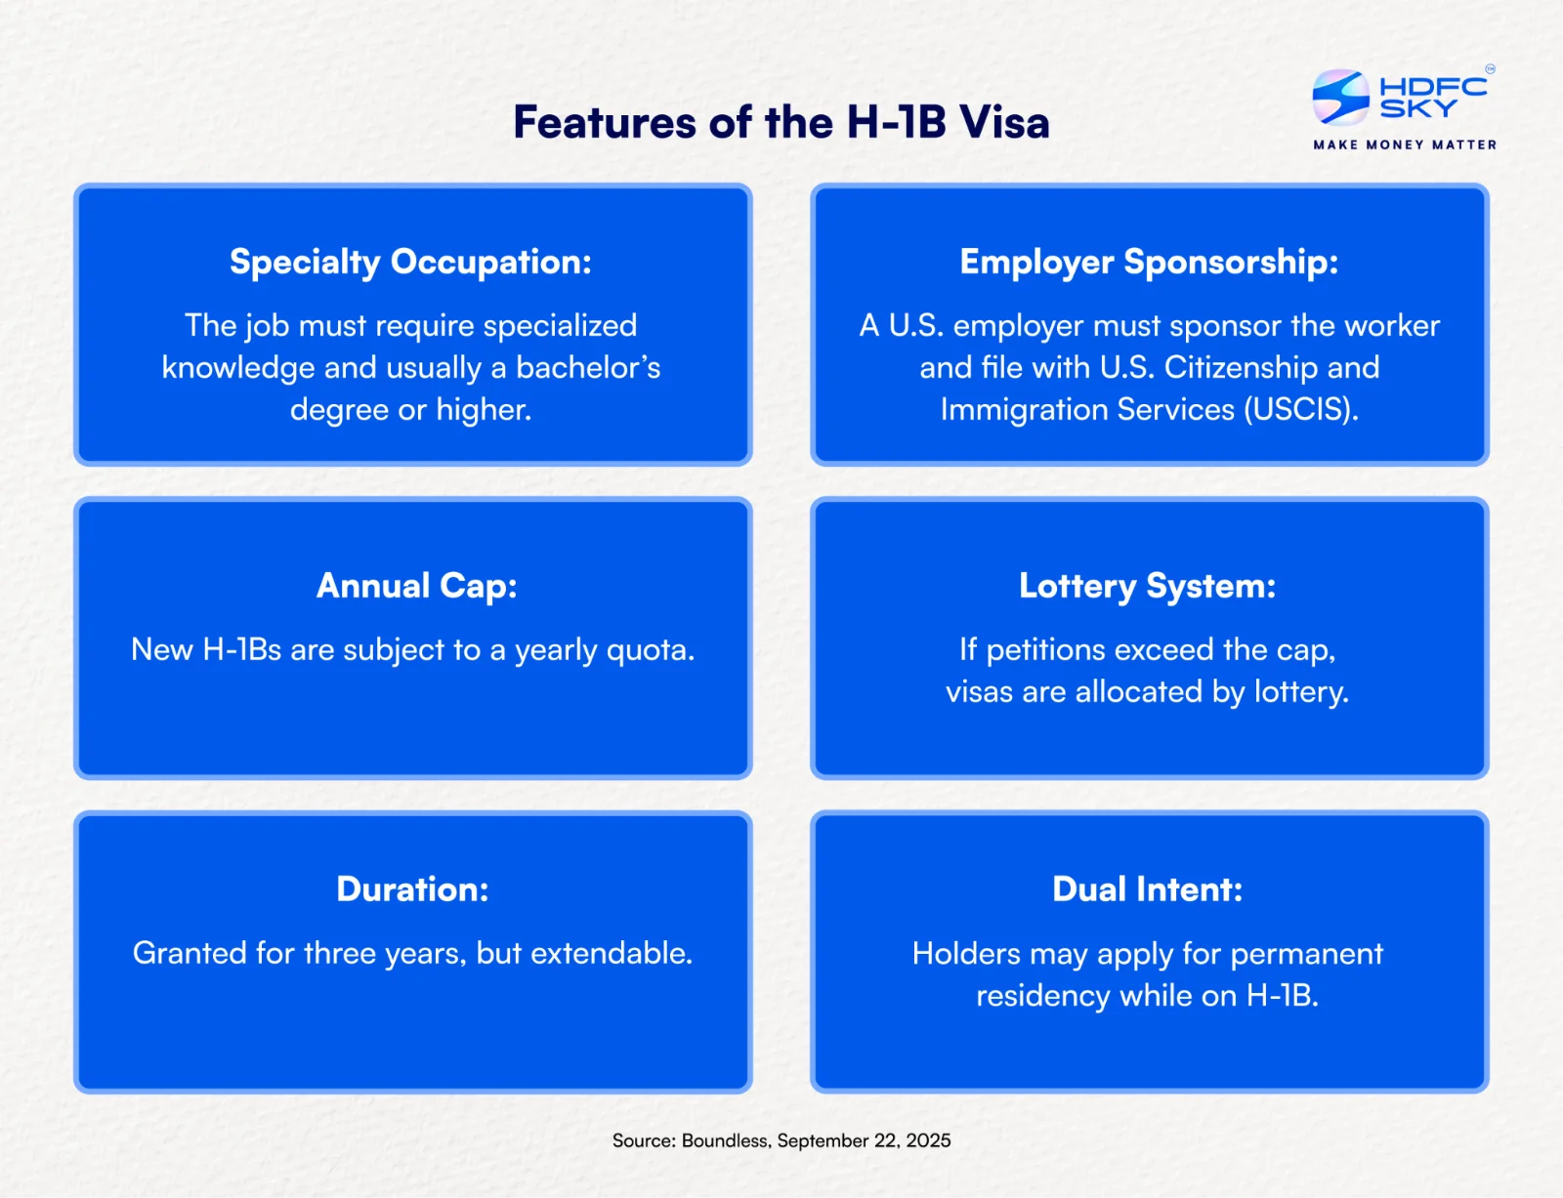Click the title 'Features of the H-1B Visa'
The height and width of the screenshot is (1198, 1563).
781,122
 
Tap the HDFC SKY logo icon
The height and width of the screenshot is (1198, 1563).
1340,97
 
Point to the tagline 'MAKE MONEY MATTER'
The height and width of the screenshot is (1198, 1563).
1405,145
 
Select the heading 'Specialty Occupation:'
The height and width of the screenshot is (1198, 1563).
410,263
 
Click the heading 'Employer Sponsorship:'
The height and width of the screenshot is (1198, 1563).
1149,263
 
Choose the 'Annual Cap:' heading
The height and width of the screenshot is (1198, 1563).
417,586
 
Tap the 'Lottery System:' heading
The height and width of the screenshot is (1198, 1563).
1148,587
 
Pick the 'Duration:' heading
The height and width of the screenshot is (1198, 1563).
413,889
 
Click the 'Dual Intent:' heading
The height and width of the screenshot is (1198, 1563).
1148,889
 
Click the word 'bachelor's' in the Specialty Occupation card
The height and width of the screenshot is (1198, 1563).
588,368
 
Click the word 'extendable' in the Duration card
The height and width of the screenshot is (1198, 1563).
611,954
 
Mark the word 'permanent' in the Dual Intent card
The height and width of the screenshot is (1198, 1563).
1306,955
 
